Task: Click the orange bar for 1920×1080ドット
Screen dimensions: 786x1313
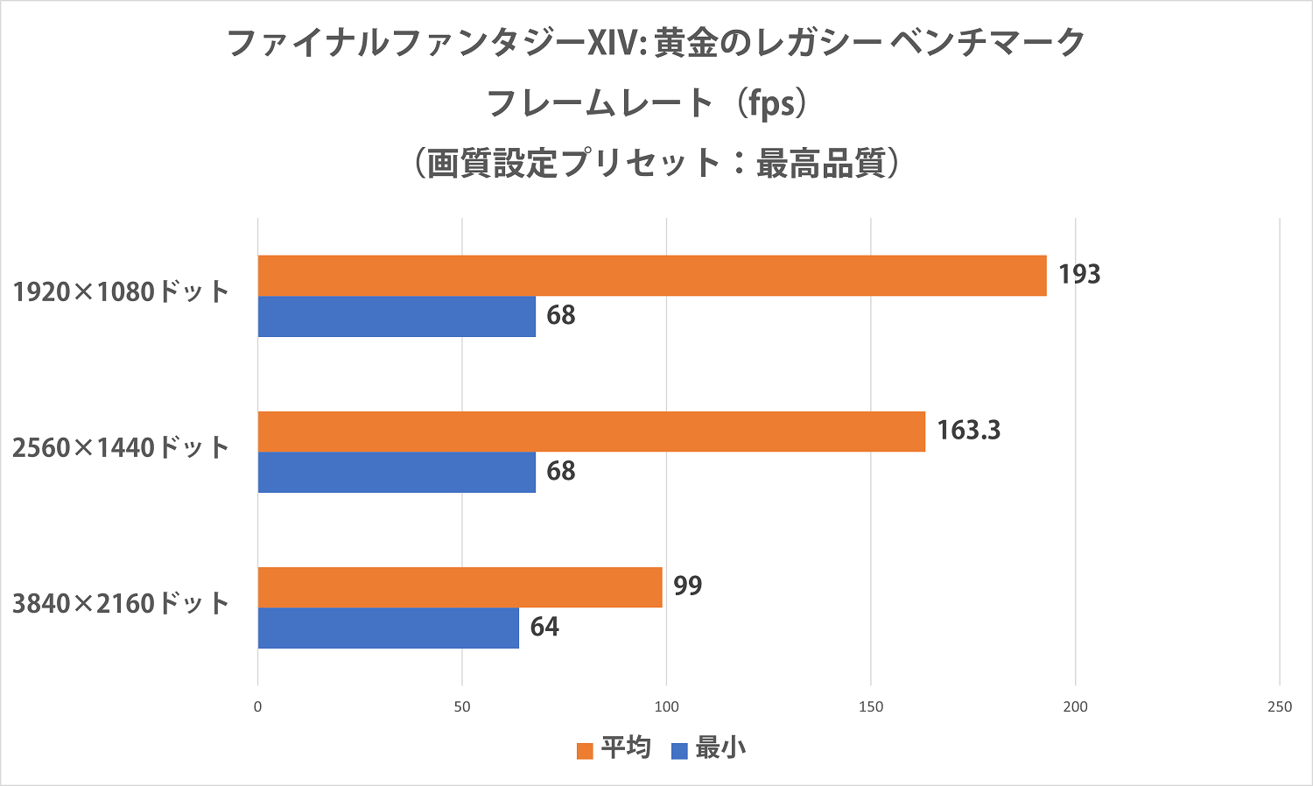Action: coord(652,276)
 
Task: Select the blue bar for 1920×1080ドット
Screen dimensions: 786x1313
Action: coord(397,316)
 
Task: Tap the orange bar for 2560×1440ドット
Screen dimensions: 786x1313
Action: coord(592,432)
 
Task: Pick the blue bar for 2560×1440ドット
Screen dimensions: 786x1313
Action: coord(397,472)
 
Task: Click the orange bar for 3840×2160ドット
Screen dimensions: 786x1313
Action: coord(460,587)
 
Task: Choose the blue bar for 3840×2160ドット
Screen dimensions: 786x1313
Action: coord(389,628)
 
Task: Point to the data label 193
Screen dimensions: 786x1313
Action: coord(1078,275)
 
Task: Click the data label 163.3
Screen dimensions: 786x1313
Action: coord(968,431)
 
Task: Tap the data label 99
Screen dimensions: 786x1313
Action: coord(688,586)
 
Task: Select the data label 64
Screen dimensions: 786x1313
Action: coord(544,628)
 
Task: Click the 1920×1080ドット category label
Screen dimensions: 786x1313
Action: coord(121,292)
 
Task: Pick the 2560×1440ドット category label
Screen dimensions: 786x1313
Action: coord(121,448)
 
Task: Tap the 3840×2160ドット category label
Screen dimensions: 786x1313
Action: coord(121,604)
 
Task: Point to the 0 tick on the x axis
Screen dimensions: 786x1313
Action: coord(257,707)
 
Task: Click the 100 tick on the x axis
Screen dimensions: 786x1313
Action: coord(666,707)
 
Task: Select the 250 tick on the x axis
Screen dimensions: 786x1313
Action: coord(1279,707)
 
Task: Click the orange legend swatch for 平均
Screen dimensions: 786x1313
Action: coord(585,751)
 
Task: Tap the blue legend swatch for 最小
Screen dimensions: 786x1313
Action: coord(679,751)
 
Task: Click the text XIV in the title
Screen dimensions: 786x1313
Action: coord(615,43)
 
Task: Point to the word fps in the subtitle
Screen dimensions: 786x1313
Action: coord(771,104)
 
